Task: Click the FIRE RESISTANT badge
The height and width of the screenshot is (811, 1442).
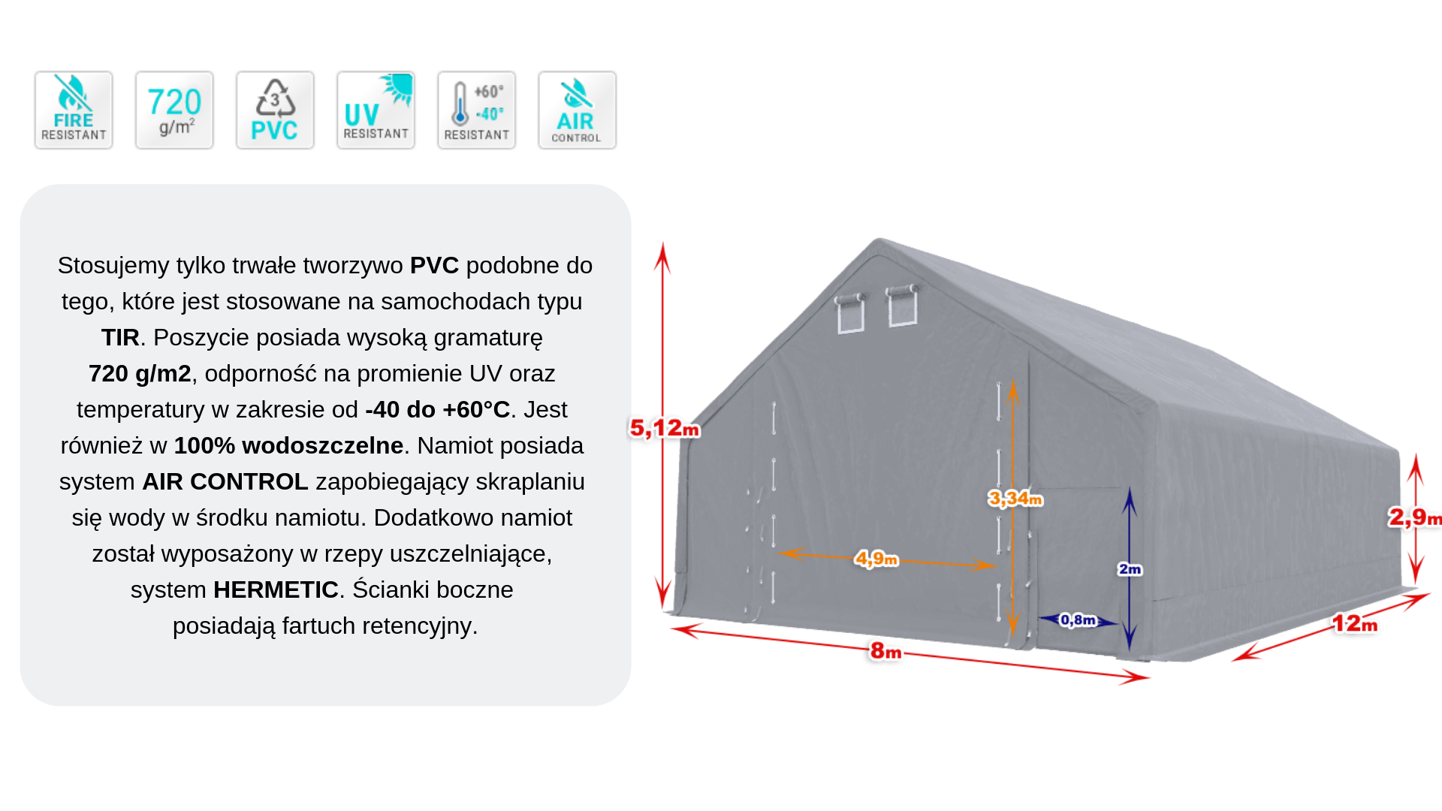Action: coord(74,110)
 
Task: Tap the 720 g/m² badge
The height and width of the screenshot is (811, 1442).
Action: coord(174,110)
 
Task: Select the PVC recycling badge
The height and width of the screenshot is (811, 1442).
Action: coord(275,110)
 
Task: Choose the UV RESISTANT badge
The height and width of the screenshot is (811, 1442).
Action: coord(376,110)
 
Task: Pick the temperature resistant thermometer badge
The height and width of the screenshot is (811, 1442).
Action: coord(476,110)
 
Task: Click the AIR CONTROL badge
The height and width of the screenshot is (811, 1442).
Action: coord(577,110)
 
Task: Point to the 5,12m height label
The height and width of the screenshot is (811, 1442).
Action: coord(665,429)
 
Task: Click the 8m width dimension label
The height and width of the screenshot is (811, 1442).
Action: coord(885,651)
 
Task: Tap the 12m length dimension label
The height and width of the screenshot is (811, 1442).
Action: coord(1354,624)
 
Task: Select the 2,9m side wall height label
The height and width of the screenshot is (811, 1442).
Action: coord(1414,517)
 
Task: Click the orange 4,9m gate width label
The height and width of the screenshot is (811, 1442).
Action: coord(876,559)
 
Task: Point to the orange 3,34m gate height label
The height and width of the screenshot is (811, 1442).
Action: coord(1015,499)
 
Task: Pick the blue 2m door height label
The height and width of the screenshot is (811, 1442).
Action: coord(1130,569)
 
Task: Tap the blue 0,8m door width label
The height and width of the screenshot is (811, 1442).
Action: coord(1078,620)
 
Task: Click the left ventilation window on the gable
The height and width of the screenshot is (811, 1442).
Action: coord(850,313)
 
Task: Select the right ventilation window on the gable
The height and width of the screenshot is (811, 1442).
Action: coord(902,305)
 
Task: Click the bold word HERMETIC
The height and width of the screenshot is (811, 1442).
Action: coord(276,589)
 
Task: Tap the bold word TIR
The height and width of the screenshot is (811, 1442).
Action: coord(120,337)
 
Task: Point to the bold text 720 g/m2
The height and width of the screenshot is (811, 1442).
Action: coord(140,373)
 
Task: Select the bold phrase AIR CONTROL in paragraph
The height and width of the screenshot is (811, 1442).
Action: coord(225,481)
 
